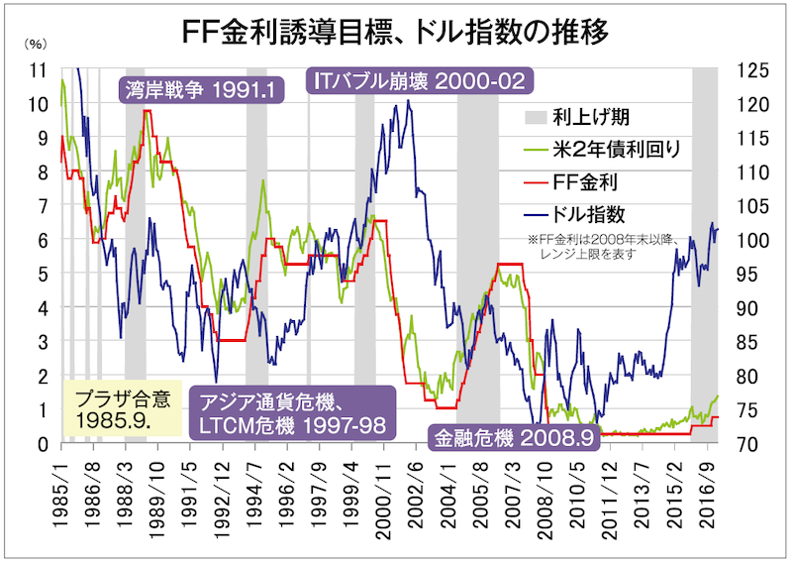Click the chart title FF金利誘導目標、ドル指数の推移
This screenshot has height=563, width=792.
click(396, 29)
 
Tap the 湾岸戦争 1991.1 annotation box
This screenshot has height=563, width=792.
click(200, 90)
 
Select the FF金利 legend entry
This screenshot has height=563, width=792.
click(598, 181)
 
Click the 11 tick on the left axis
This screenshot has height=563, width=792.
click(41, 70)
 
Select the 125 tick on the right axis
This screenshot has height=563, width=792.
click(752, 70)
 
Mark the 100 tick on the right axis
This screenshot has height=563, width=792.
click(752, 240)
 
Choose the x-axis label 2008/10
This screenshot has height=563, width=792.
click(538, 491)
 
